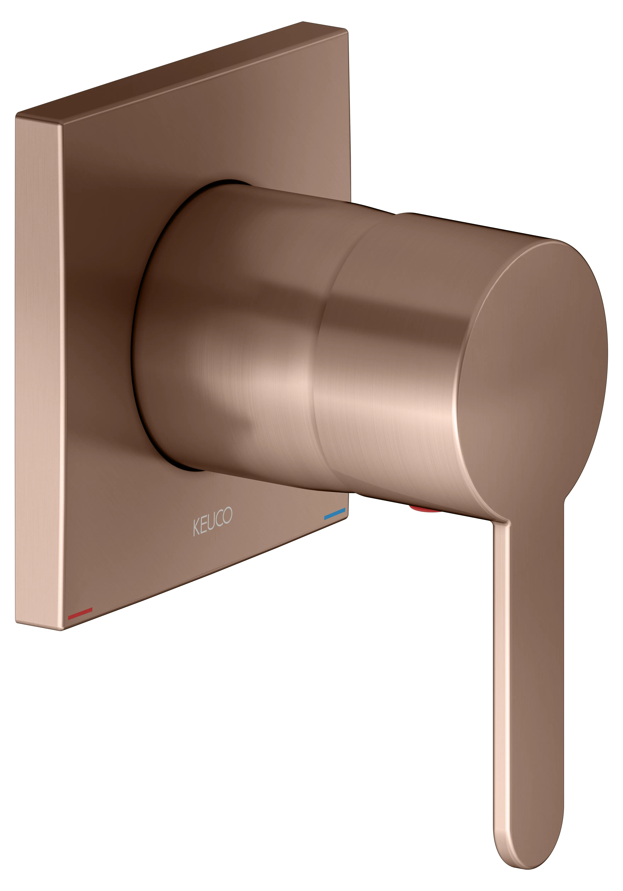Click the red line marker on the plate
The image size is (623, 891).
(x=80, y=613)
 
